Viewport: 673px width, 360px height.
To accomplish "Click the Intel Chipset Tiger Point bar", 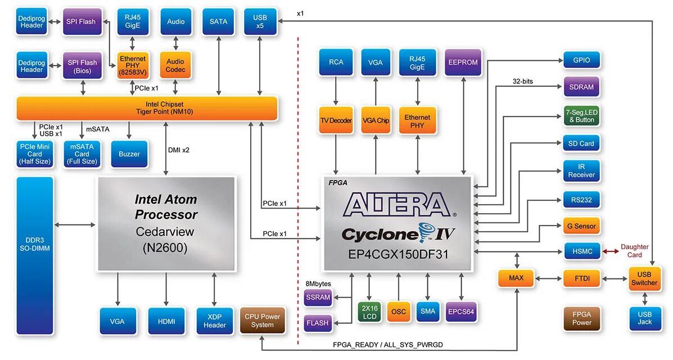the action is [147, 108].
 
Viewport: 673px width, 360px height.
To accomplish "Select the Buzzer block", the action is [129, 154].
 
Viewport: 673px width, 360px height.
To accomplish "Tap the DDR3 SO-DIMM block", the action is [35, 255].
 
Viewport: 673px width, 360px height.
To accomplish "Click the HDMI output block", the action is [166, 321].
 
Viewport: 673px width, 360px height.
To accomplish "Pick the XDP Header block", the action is [215, 321].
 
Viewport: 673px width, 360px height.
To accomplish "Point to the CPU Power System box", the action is [262, 321].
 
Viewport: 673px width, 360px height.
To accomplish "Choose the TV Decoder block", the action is [336, 120].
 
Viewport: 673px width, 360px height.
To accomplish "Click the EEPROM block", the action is [463, 62].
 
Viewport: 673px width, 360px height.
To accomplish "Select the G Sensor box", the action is [581, 226].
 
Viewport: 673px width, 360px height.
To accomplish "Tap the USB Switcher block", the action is [644, 279].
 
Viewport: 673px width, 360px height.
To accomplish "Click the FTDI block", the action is [582, 278].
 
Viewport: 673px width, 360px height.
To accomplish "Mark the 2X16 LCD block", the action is [369, 312].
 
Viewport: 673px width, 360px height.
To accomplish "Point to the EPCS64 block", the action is [461, 312].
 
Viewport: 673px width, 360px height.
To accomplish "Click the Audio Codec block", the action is [175, 65].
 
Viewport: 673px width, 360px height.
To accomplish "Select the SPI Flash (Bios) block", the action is [83, 66].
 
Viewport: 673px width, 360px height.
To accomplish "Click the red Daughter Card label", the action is [634, 251].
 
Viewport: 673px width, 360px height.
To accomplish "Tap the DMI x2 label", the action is [179, 150].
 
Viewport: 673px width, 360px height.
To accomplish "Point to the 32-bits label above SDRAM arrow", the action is [523, 81].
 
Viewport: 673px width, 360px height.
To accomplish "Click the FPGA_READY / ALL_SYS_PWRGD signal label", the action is [387, 345].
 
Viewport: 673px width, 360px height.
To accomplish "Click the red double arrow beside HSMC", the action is [611, 251].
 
